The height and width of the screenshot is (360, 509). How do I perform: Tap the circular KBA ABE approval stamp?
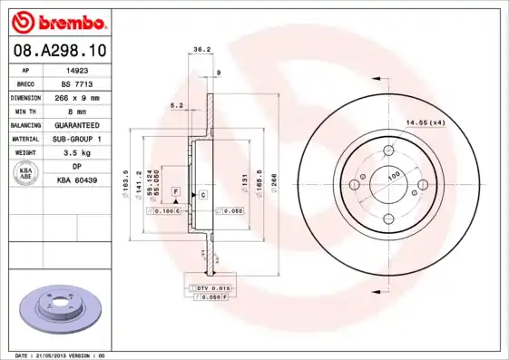pyautogui.click(x=26, y=174)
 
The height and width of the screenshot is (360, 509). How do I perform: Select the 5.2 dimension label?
pyautogui.click(x=178, y=106)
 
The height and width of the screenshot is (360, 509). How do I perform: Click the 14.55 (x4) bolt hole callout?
pyautogui.click(x=425, y=122)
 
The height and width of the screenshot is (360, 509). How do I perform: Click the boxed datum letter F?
pyautogui.click(x=174, y=193)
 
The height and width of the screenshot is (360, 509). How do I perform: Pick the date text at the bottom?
pyautogui.click(x=62, y=355)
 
